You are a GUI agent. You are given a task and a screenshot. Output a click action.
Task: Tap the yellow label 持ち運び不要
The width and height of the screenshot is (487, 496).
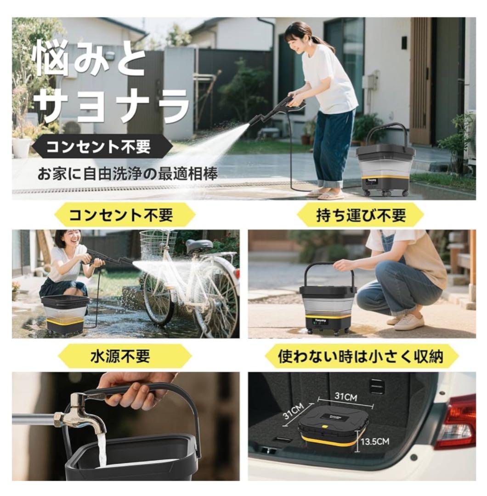click(361, 215)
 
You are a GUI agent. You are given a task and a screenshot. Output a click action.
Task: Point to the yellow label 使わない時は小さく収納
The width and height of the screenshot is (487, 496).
click(361, 356)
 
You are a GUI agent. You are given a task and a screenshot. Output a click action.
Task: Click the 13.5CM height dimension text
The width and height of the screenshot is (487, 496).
click(375, 441)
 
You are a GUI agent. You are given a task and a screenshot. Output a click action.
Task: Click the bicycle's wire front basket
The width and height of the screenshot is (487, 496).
click(158, 243)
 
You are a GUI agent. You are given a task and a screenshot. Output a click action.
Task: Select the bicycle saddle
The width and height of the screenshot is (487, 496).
click(199, 245)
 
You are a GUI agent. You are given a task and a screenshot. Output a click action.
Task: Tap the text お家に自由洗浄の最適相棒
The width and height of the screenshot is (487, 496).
click(128, 175)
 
